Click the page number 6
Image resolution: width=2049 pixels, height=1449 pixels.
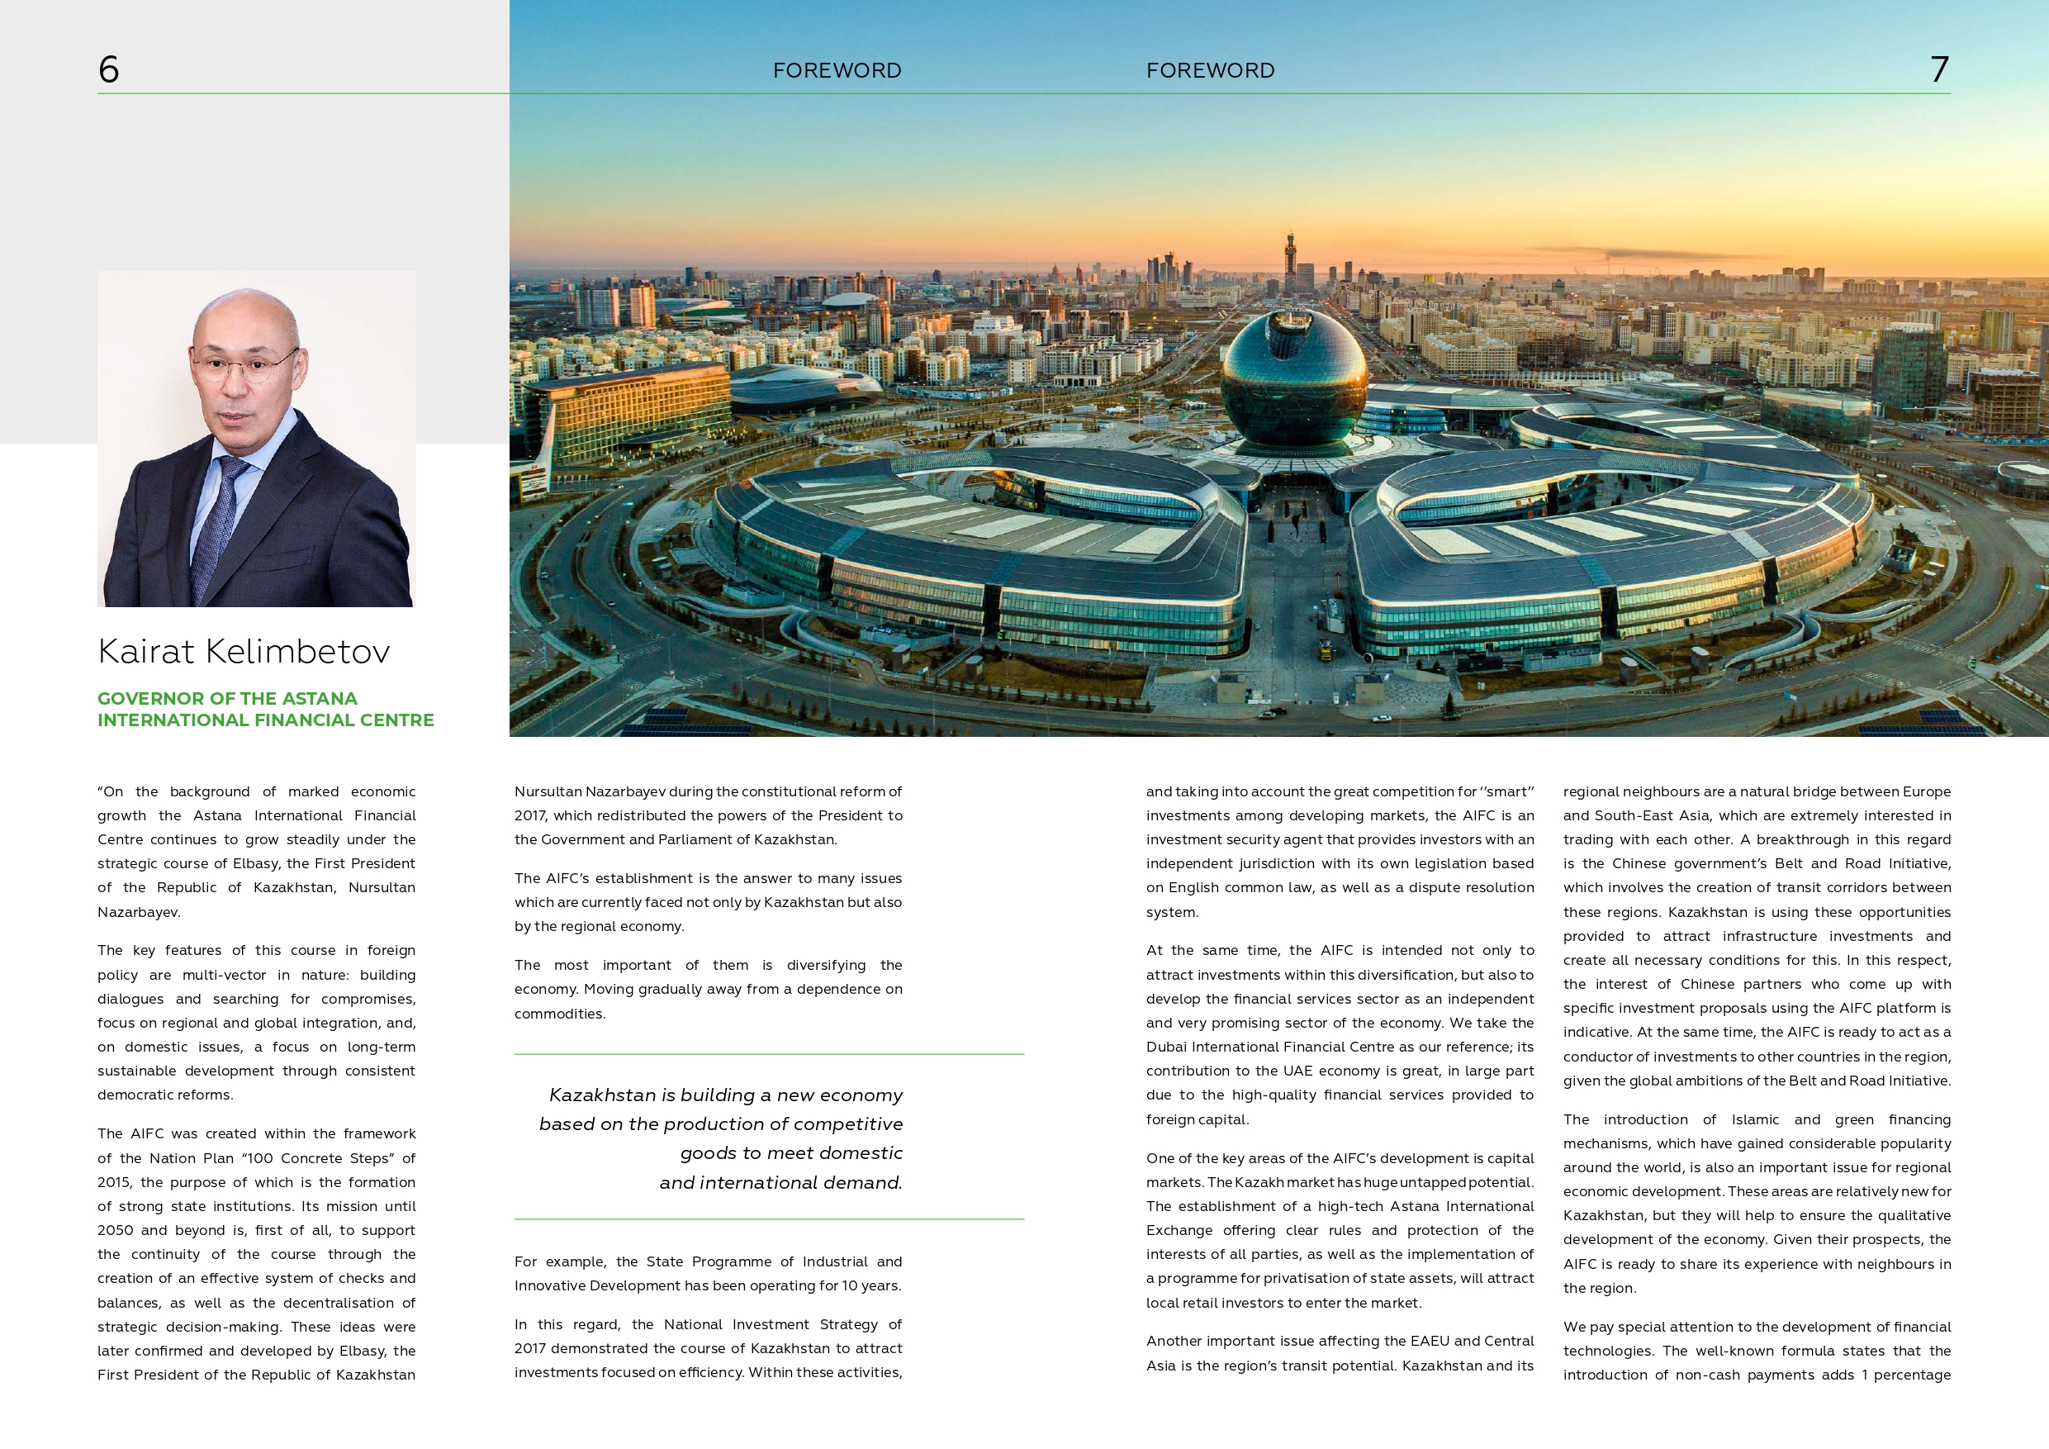pos(109,69)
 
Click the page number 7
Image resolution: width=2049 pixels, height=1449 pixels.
pos(1939,69)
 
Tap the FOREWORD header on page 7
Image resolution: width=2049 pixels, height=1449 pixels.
pos(1210,70)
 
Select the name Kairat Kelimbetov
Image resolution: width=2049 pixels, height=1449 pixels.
pos(244,652)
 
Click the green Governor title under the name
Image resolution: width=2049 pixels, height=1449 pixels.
pos(265,709)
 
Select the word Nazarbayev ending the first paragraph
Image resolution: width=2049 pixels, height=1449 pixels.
pos(137,911)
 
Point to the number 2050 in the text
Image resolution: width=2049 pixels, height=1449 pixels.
pos(115,1230)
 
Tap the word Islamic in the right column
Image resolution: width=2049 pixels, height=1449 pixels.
pos(1754,1119)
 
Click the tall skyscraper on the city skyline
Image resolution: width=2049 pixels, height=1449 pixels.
pos(1288,259)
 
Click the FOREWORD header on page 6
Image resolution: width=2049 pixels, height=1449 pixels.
pos(837,70)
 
